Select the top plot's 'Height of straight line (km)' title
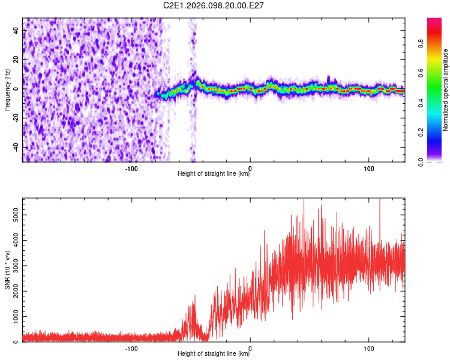(214, 174)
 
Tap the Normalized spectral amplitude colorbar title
(446, 90)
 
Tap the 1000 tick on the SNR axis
(13, 316)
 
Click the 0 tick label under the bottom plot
(250, 348)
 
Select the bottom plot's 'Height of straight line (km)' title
(214, 354)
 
